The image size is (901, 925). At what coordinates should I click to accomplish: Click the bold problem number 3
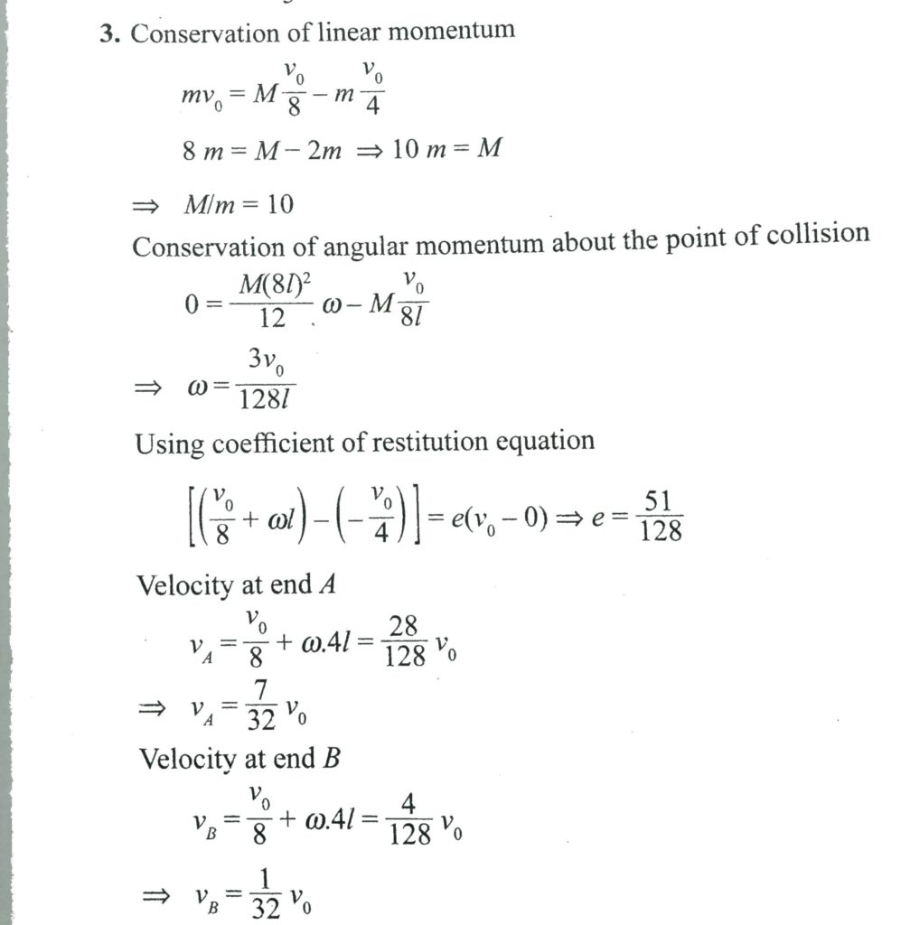click(111, 34)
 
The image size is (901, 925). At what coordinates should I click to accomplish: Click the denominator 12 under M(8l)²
click(271, 317)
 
